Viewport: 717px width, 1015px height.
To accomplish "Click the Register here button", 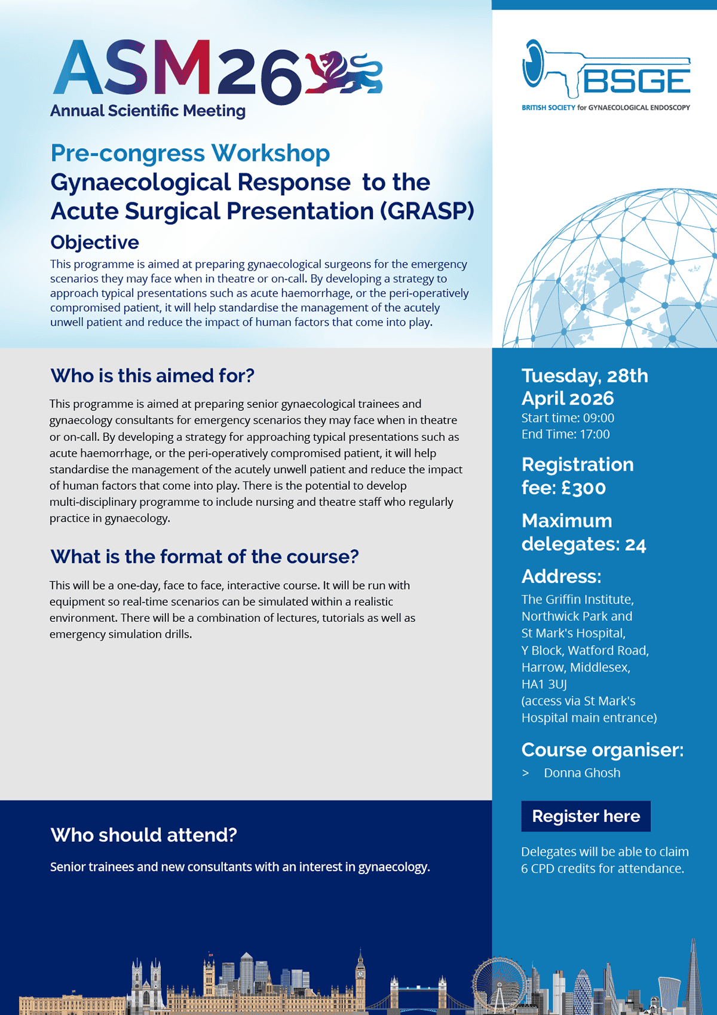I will point(586,816).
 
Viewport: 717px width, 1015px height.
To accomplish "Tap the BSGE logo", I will point(606,75).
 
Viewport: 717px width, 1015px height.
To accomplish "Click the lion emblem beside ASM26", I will point(343,73).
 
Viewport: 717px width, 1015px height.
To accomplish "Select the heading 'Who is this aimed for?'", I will point(152,376).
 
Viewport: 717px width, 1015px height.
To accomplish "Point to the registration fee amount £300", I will point(584,488).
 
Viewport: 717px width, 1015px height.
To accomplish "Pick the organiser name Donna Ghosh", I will point(582,773).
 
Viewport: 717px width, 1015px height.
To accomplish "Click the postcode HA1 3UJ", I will point(544,684).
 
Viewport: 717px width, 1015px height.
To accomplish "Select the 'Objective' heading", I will point(94,243).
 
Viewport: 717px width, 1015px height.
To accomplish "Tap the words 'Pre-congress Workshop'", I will point(190,154).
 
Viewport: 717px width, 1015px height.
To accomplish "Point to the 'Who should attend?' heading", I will point(143,835).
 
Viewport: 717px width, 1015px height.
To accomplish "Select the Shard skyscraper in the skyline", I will point(693,974).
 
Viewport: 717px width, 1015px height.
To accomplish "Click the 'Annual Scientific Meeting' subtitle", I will point(148,111).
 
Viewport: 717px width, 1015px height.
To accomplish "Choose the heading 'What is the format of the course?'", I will point(204,557).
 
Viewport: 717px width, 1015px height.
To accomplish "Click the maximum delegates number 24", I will point(635,545).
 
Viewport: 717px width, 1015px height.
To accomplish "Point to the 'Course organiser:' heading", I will point(602,750).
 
